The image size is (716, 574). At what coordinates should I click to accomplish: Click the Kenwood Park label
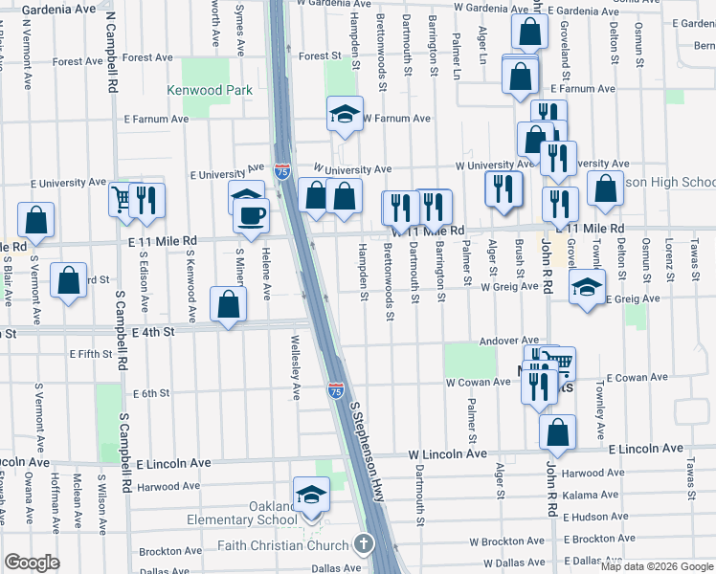pos(209,90)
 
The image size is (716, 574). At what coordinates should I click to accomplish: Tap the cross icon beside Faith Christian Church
pos(363,545)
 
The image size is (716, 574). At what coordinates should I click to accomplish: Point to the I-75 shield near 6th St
pos(335,390)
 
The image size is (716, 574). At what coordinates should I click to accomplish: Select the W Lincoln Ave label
pos(442,454)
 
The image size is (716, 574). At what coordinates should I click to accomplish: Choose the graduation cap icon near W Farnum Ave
pos(344,114)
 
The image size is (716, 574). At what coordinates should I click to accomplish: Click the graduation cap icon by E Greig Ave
pos(587,285)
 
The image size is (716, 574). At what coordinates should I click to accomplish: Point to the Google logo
pos(32,563)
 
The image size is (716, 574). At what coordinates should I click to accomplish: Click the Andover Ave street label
pos(509,341)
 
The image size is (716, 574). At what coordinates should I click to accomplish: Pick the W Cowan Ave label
pos(478,382)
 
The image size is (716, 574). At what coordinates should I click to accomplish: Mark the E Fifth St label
pos(91,354)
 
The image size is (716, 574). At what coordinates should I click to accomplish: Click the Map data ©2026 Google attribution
pos(656,566)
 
